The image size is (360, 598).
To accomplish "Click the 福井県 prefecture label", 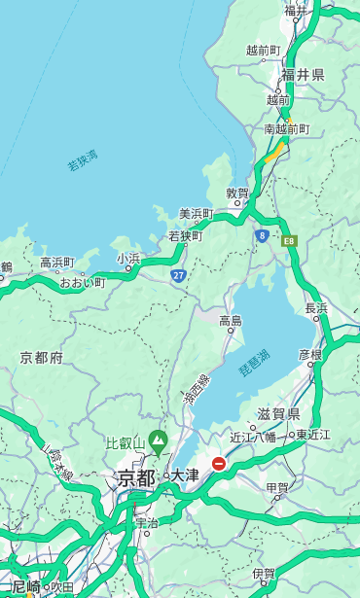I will click(x=303, y=75).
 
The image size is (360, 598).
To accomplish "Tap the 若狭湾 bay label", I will click(x=82, y=160).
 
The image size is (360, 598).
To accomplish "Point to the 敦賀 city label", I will click(x=237, y=193).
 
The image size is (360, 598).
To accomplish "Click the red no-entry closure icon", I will click(x=219, y=464).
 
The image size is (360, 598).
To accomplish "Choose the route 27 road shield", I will click(x=179, y=276).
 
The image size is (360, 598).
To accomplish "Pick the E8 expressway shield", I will click(x=289, y=240).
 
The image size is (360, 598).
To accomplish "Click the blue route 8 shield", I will click(x=262, y=234).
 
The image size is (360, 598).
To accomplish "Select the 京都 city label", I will click(x=136, y=477).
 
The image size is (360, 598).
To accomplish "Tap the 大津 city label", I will click(x=185, y=476).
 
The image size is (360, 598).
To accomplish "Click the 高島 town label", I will click(x=231, y=321).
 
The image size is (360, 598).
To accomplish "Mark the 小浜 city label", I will click(x=128, y=259).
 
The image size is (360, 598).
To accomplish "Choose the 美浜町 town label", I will click(x=196, y=214).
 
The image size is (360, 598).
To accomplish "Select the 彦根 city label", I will click(x=310, y=355).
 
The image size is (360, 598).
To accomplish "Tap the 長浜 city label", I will click(x=316, y=308).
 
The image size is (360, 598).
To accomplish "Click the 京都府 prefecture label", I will click(x=42, y=358).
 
